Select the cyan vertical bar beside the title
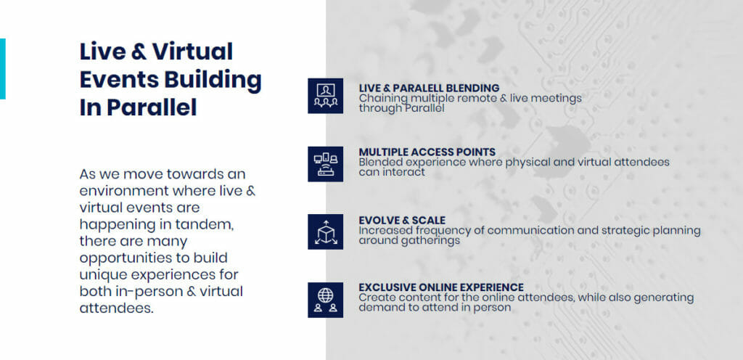click(x=2, y=69)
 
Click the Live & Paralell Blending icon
click(x=326, y=96)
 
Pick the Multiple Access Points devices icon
click(x=326, y=164)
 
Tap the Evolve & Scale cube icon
click(x=326, y=232)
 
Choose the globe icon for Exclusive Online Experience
click(x=326, y=300)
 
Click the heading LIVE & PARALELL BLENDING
click(x=429, y=88)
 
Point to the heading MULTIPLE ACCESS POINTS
click(x=427, y=152)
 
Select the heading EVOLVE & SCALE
click(x=402, y=220)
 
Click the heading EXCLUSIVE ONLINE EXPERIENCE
click(x=441, y=287)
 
